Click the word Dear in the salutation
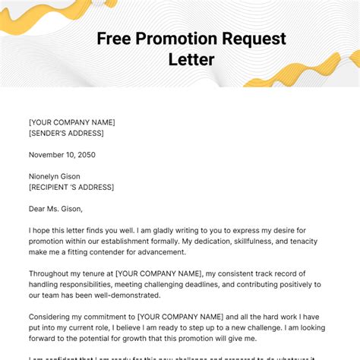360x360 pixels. tap(39, 208)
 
